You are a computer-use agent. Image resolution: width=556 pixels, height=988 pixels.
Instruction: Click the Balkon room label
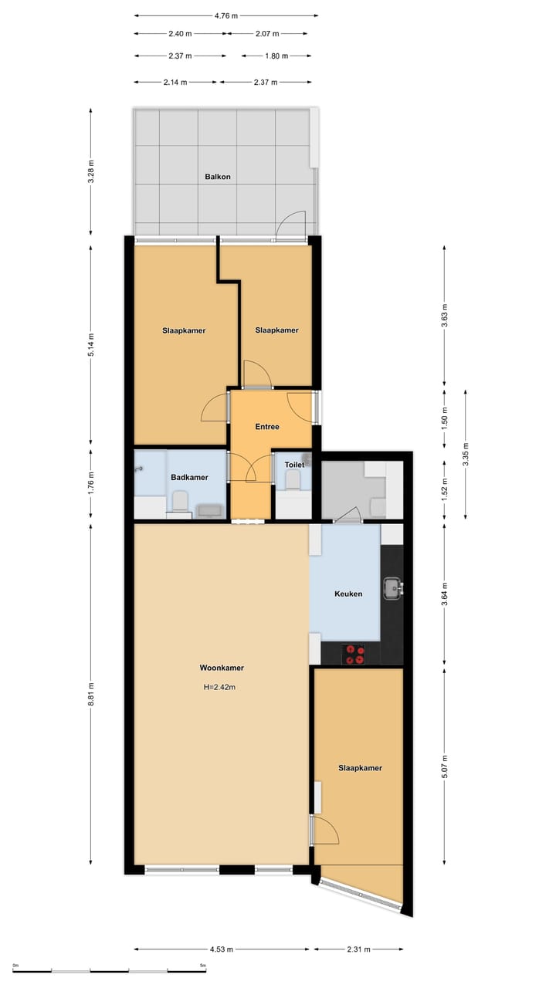tap(217, 177)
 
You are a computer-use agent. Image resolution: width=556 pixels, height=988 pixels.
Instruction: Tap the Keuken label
tap(348, 594)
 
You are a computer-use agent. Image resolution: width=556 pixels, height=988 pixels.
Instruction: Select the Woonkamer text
tap(222, 668)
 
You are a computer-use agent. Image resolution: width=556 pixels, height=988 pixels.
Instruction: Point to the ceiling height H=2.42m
tap(219, 687)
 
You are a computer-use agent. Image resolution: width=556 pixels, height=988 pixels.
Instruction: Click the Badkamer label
tap(189, 478)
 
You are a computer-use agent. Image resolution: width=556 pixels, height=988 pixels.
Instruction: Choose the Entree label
tap(267, 427)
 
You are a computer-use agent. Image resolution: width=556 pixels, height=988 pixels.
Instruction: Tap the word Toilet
tap(294, 465)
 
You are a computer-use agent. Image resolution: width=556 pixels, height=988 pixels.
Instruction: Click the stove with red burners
tap(355, 655)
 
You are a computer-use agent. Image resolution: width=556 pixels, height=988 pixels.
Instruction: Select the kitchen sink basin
tap(393, 589)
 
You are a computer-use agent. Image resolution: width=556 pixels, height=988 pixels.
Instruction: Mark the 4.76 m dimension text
tap(225, 15)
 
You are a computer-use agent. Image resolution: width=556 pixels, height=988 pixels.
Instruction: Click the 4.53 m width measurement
tap(221, 949)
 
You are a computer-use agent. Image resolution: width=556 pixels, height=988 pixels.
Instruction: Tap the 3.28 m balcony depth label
tap(91, 171)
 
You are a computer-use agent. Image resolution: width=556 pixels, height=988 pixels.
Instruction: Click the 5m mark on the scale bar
tap(203, 966)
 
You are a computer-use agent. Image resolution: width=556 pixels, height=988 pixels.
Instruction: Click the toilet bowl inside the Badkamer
tap(180, 503)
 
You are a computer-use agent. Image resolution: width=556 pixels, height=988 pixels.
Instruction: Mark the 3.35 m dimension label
tap(466, 453)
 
